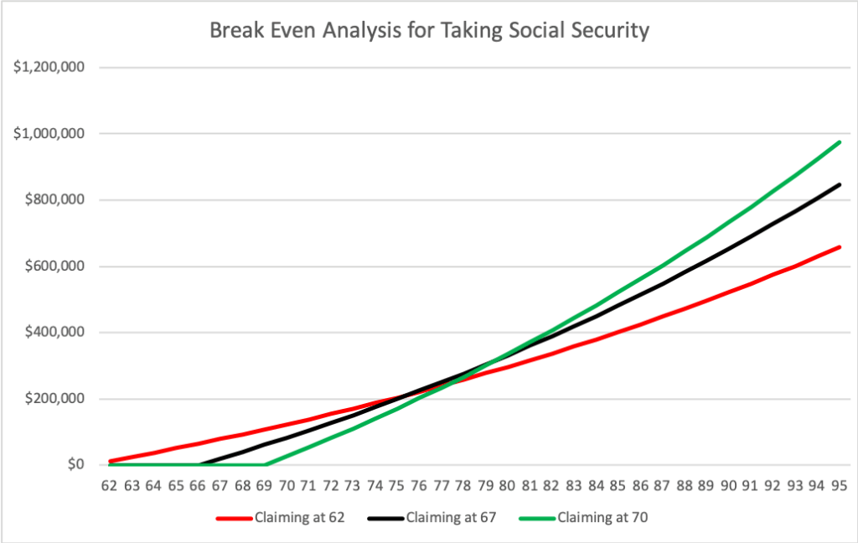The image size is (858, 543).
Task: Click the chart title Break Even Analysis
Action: click(429, 31)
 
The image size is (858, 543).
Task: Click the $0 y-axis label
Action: click(78, 464)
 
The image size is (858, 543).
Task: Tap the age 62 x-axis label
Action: click(109, 485)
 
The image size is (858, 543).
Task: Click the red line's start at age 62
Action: click(110, 461)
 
